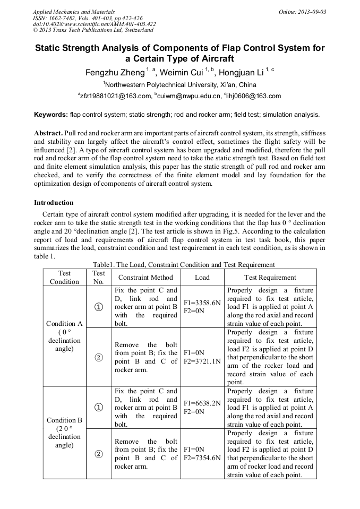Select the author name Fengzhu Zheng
pos(115,72)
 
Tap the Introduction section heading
pos(54,203)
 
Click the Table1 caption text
pos(184,264)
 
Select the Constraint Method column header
pos(145,277)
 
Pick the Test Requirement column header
pos(270,277)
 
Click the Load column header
pos(202,277)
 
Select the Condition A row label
pos(64,323)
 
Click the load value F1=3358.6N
pos(202,303)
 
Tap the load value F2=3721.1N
pos(202,361)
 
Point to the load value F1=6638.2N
pos(202,403)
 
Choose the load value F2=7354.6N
pos(202,458)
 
